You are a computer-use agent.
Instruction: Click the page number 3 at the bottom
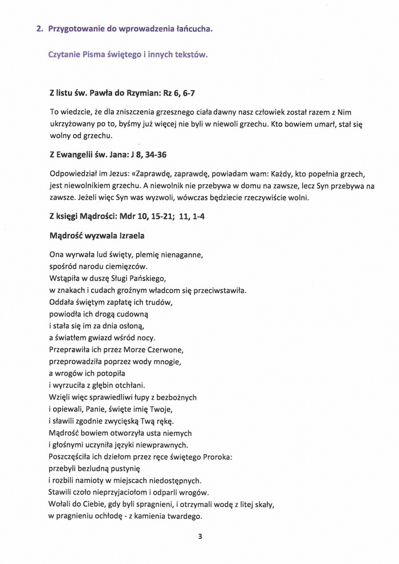click(x=200, y=536)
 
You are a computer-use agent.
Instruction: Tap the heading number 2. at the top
click(x=40, y=28)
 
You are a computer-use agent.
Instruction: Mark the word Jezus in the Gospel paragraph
click(x=133, y=173)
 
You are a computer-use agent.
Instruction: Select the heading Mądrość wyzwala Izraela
click(x=97, y=235)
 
